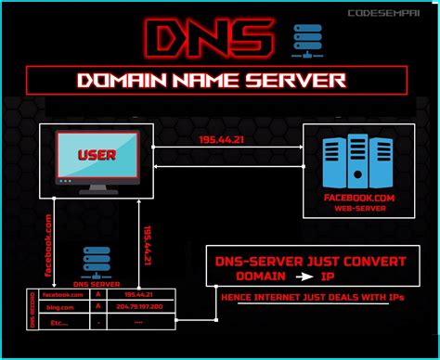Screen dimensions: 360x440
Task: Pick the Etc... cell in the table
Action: pos(59,324)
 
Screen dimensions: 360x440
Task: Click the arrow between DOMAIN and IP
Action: pos(304,277)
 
